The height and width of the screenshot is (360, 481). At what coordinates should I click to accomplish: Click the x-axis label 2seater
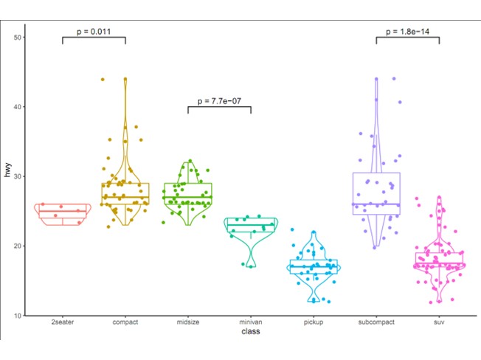tap(63, 323)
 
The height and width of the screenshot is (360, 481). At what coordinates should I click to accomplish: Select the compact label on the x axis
tap(125, 323)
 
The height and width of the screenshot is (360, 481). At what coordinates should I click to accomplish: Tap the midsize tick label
tap(188, 323)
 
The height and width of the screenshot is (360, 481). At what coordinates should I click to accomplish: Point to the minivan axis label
tap(251, 323)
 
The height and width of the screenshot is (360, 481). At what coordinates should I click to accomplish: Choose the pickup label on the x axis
tap(314, 323)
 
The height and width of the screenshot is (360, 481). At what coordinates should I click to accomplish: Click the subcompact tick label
tap(376, 323)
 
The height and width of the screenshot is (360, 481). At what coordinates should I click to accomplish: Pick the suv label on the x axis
tap(439, 323)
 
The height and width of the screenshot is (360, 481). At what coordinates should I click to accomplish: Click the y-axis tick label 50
tap(18, 38)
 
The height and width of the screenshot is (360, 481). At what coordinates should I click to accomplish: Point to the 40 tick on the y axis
tap(18, 107)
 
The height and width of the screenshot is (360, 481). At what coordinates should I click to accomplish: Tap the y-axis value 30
tap(18, 176)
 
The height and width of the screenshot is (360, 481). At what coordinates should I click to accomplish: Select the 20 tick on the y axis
tap(18, 246)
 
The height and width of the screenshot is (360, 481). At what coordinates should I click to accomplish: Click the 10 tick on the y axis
tap(18, 315)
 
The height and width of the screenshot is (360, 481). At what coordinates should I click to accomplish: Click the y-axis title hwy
tap(7, 175)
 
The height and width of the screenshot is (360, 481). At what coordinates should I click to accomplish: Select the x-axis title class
tap(251, 333)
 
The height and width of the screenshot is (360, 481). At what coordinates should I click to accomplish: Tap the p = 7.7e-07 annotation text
tap(219, 100)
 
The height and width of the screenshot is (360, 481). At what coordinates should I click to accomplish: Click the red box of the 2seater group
tap(63, 215)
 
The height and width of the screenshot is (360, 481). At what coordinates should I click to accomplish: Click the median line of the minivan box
tap(251, 225)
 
